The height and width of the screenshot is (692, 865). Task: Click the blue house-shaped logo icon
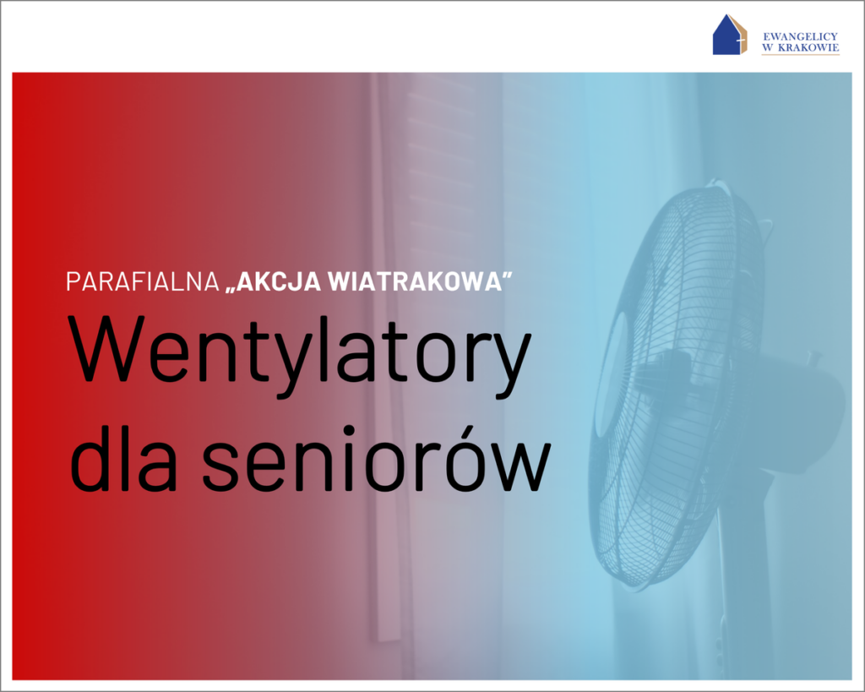(x=729, y=35)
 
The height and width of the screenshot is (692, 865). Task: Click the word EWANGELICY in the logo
(x=800, y=36)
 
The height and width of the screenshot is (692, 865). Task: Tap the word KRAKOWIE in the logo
(x=808, y=47)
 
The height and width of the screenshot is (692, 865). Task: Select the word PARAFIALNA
(x=143, y=281)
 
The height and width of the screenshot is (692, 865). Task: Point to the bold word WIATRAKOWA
(x=416, y=281)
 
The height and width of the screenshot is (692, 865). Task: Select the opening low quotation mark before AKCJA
(x=231, y=289)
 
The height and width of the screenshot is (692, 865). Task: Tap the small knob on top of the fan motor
(x=812, y=357)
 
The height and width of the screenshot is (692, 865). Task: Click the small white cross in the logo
(x=738, y=42)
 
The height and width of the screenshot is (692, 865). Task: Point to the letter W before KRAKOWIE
(x=768, y=47)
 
